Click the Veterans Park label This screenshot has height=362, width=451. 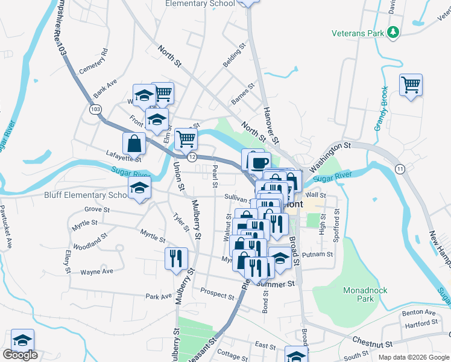pos(358,33)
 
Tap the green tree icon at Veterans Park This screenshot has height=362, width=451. pos(393,32)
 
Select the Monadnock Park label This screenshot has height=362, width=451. pos(365,294)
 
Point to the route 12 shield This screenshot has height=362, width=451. pos(192,157)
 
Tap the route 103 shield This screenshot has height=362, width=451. pos(95,110)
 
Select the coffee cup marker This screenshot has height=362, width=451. pos(260,162)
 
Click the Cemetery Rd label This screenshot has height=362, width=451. pos(93,60)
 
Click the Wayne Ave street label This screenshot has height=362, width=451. pos(96,272)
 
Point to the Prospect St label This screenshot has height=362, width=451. pos(217,294)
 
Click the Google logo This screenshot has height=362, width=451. pos(20,355)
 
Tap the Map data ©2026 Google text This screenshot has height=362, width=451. pos(413,357)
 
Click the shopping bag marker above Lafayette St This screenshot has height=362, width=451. pos(134,144)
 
